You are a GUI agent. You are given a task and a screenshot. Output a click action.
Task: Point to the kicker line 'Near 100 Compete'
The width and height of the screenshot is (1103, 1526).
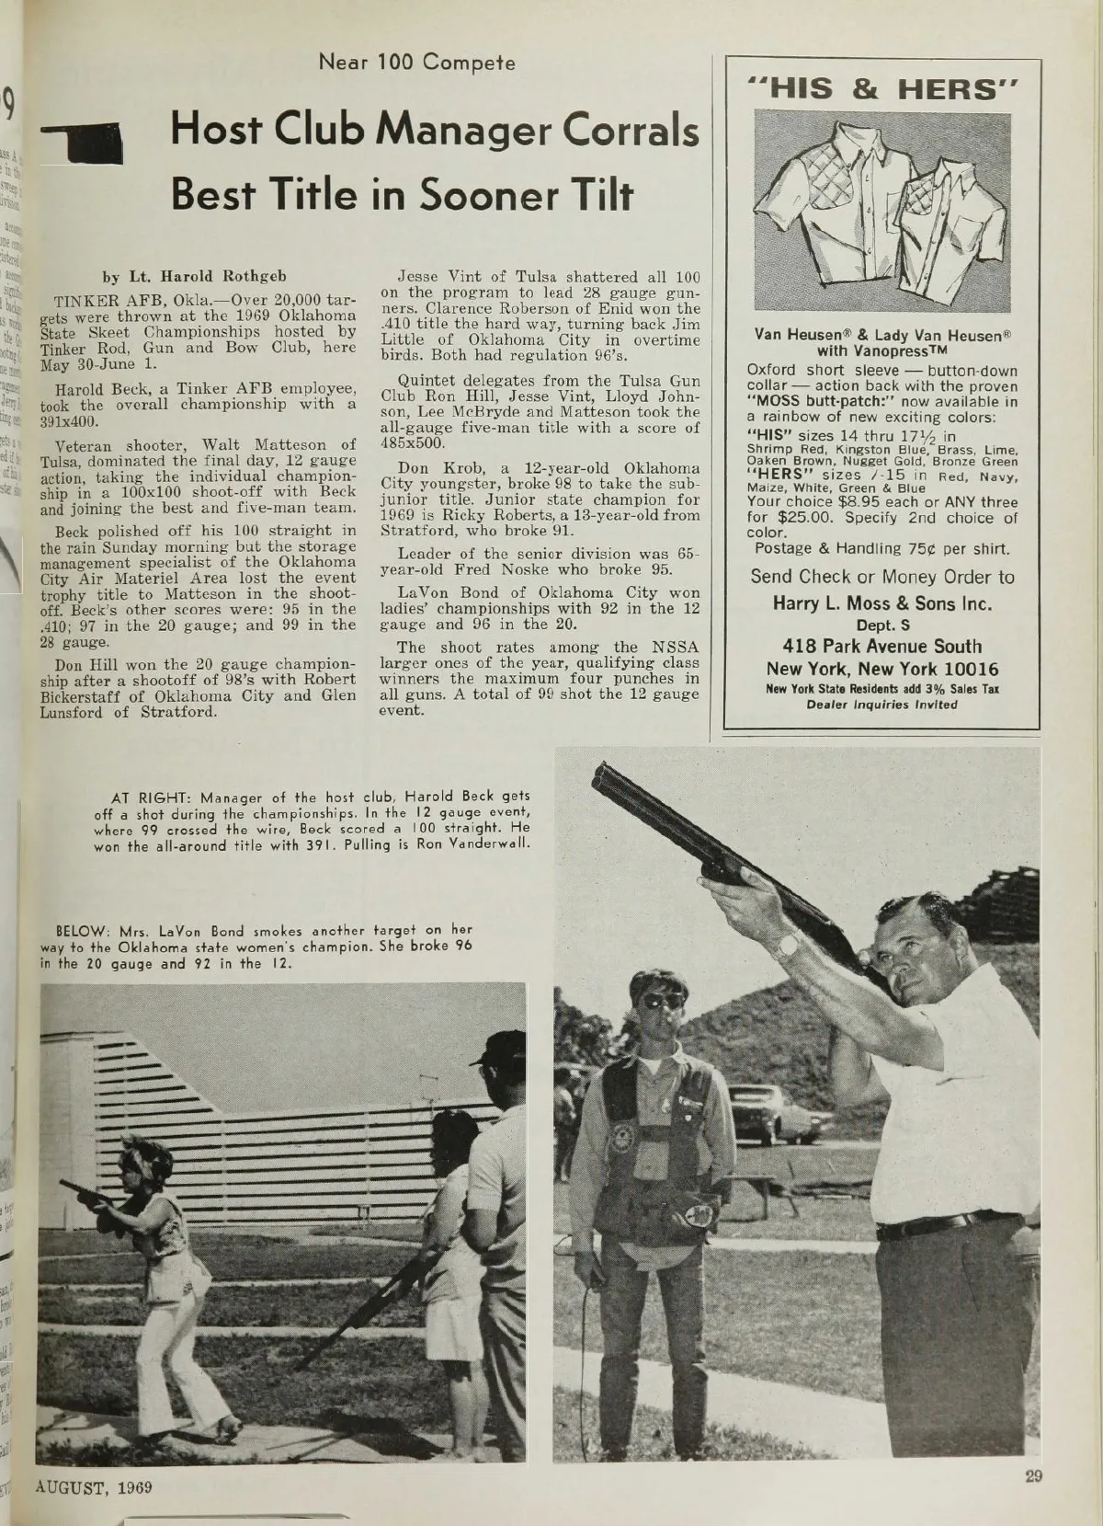[x=416, y=63]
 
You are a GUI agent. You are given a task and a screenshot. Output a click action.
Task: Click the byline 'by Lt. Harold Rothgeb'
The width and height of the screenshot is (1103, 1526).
[x=188, y=275]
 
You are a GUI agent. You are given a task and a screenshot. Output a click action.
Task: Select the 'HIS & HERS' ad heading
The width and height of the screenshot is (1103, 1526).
[x=881, y=88]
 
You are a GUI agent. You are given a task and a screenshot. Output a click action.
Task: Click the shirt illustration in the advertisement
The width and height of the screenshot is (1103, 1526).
[x=881, y=211]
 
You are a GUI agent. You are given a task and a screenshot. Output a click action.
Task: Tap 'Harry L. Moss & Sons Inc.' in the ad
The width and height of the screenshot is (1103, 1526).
[x=881, y=604]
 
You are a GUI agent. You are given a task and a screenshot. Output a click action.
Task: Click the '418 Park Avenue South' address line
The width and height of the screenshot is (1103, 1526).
[x=881, y=647]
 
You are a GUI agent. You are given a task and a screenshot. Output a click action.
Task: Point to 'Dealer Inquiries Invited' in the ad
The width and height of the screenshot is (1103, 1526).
[x=881, y=706]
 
